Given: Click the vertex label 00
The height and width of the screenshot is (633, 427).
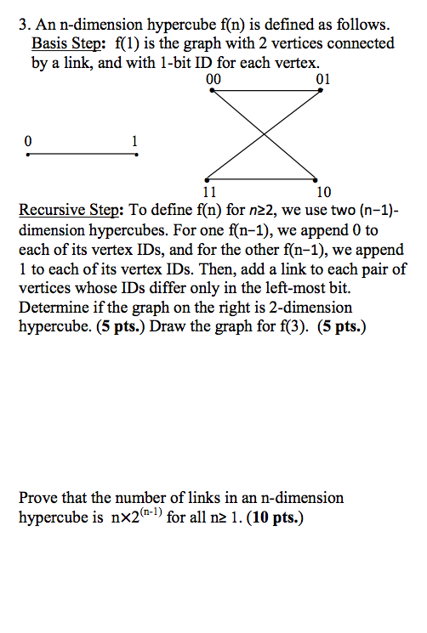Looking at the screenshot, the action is [x=213, y=80].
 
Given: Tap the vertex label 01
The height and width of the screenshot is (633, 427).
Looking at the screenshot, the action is [x=322, y=80].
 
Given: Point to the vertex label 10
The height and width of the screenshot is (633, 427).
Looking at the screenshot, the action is [x=324, y=191].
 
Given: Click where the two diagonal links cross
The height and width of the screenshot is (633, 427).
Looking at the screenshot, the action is [x=267, y=135].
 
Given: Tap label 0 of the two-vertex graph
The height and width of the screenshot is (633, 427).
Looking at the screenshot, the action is [x=29, y=140].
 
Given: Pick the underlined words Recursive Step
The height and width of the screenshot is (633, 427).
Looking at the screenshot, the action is [x=71, y=210].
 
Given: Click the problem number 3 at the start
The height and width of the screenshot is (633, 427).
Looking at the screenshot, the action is [x=22, y=25].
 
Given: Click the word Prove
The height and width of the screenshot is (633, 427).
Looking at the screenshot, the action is [x=38, y=498].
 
